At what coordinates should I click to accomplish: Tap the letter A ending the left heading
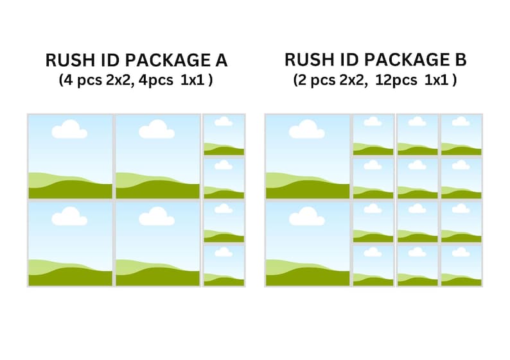pos(221,61)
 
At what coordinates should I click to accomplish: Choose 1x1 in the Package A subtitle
pos(198,80)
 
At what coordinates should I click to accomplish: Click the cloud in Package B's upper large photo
pos(306,131)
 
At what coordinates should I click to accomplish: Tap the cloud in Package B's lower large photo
pos(306,218)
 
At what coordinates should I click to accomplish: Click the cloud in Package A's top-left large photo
pos(69,131)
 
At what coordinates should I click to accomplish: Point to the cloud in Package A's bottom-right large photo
pos(157,218)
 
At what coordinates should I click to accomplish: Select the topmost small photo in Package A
pos(224,135)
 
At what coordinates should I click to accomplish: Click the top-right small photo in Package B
pos(461,135)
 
